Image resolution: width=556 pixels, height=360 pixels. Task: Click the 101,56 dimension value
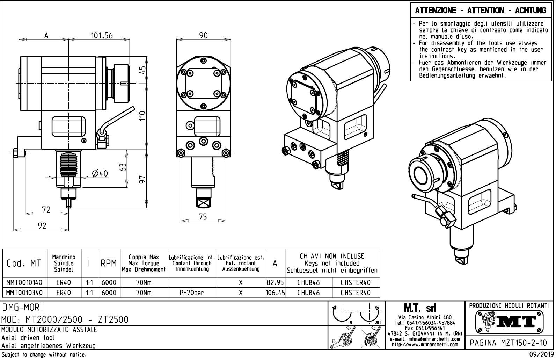tap(102, 36)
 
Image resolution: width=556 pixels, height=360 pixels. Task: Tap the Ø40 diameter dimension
tap(100, 173)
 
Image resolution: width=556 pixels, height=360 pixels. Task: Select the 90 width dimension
tap(203, 36)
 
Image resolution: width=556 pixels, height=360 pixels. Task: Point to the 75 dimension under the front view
tap(203, 217)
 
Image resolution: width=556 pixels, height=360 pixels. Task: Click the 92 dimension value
tap(42, 226)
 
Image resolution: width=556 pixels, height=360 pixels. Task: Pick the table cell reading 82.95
tap(275, 282)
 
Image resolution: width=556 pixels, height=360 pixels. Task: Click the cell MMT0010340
tap(25, 293)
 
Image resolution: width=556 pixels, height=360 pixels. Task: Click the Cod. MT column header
tap(24, 264)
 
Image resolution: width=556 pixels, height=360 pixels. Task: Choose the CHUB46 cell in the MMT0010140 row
tap(308, 282)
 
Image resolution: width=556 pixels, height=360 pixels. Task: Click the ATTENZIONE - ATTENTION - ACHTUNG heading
tap(481, 10)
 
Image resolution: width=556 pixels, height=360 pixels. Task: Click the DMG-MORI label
tap(23, 307)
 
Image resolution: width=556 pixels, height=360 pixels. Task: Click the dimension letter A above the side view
tap(46, 36)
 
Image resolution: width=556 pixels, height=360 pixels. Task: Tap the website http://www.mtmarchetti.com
tap(425, 345)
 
